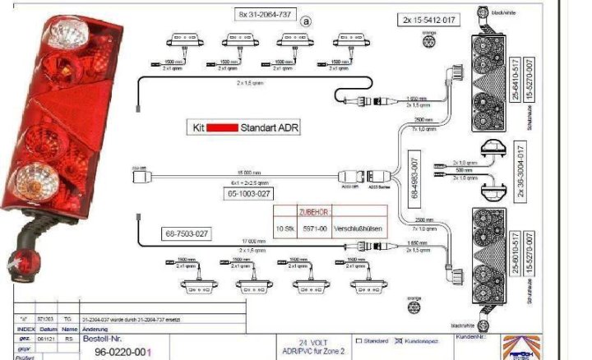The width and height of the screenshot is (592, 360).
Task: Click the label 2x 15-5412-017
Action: pos(430,19)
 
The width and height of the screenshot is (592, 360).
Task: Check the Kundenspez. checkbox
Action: pos(399,340)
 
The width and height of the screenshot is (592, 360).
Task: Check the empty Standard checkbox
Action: pos(358,340)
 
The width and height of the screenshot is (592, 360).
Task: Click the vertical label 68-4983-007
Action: pos(414,177)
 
